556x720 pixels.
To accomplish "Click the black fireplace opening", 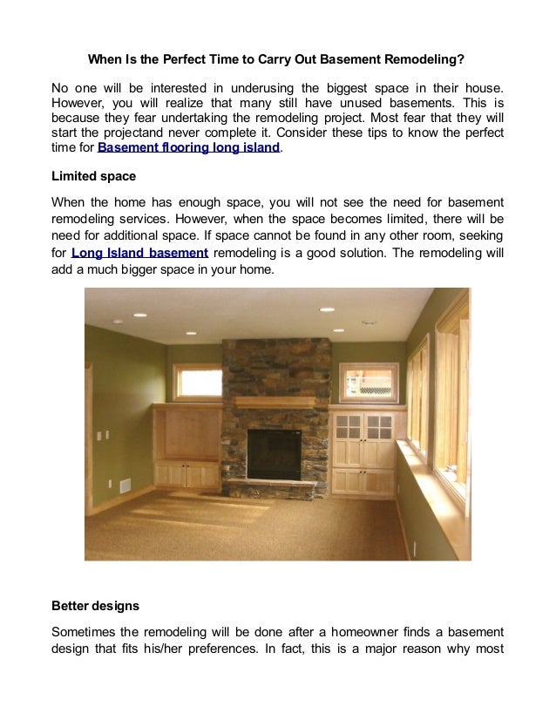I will [274, 453].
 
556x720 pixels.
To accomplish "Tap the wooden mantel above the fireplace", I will [274, 402].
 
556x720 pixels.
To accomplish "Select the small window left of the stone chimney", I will [197, 381].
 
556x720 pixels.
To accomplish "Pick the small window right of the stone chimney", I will [368, 381].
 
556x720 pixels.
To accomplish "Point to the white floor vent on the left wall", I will [124, 486].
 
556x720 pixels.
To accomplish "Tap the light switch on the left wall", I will [98, 433].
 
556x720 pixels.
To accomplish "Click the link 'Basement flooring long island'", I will [189, 148].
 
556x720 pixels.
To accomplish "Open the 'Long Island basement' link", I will [139, 253].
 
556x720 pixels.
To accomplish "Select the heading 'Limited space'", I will [93, 176].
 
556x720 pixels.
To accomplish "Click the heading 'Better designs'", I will [95, 605].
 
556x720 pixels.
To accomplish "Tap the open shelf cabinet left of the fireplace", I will [186, 432].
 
